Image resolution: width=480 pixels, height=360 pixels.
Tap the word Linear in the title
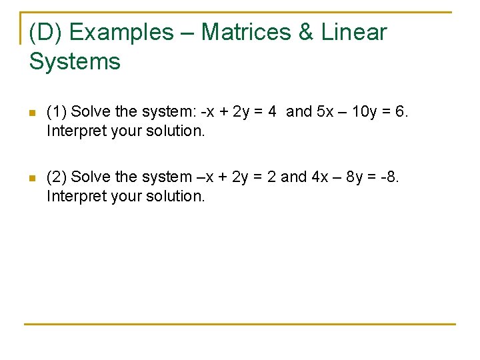pos(353,32)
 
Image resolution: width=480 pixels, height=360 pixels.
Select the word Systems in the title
pos(75,62)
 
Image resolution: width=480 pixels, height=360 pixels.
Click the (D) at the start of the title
pos(46,32)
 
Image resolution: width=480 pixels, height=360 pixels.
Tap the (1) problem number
pos(57,112)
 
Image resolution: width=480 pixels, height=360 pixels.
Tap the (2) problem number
pos(57,177)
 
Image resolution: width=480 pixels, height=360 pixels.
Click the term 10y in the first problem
pos(363,112)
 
